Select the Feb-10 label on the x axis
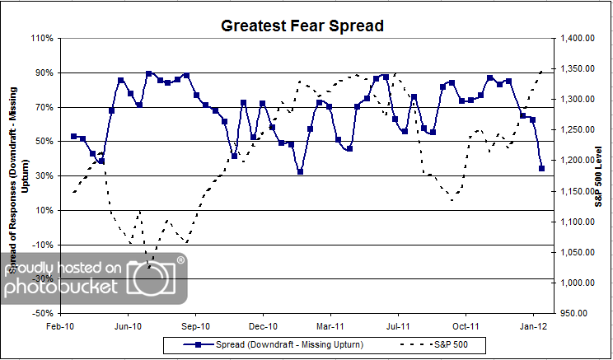point(61,326)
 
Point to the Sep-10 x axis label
point(195,326)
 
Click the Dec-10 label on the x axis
point(263,326)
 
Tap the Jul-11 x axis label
point(398,326)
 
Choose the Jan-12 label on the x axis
point(533,326)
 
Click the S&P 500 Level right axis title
point(600,175)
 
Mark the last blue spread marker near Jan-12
point(541,168)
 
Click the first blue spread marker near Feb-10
point(73,136)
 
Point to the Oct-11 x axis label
point(466,326)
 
